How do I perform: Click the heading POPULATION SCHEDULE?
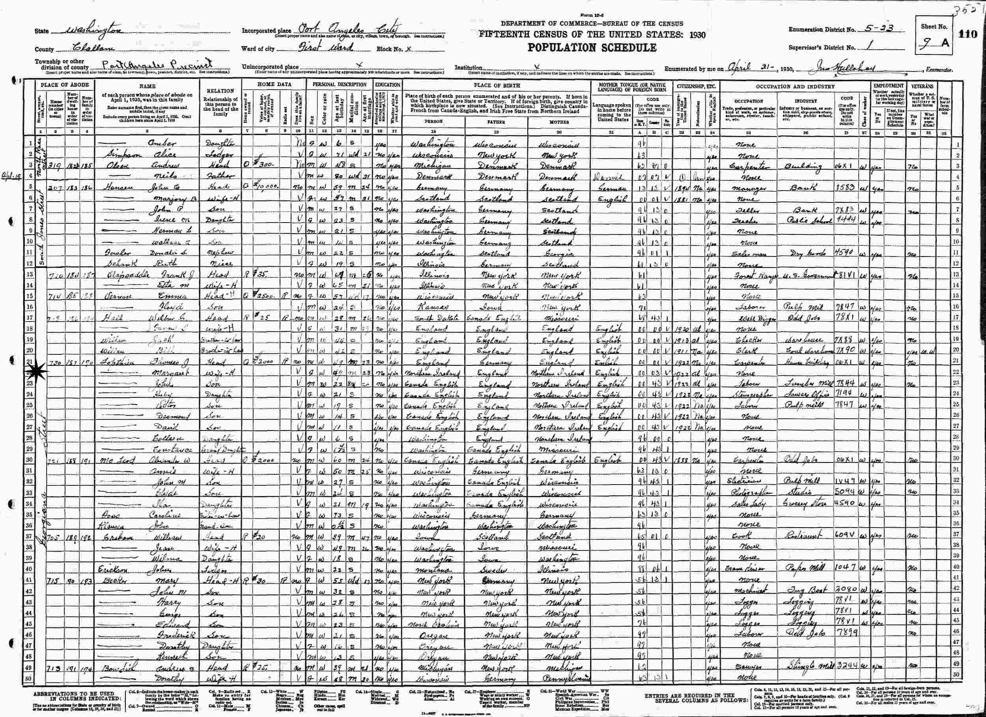tap(592, 47)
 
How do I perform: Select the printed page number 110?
tap(970, 34)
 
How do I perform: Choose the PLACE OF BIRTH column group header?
tap(496, 85)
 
